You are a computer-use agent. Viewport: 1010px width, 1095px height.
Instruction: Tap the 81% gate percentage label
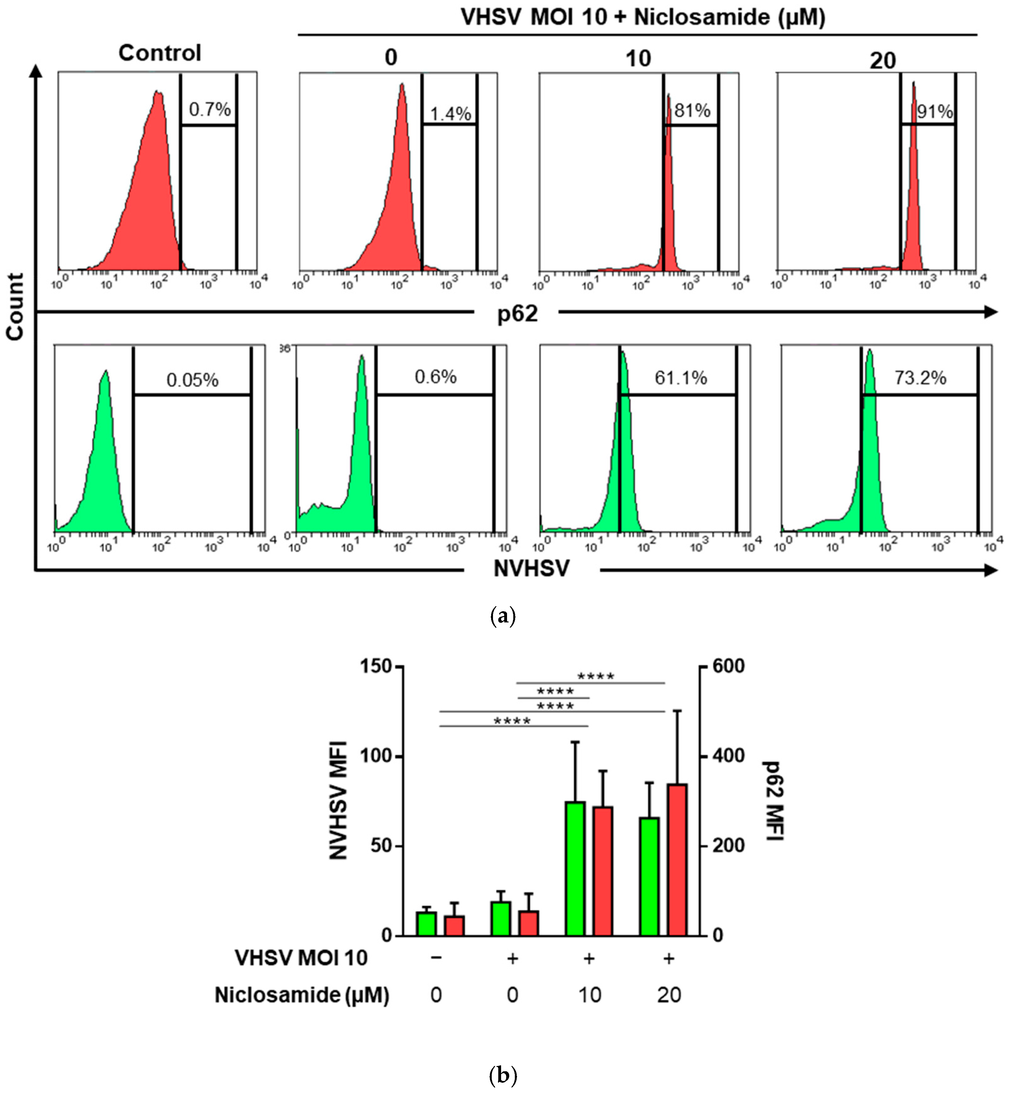click(692, 110)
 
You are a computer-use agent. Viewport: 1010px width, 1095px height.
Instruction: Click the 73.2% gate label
click(920, 378)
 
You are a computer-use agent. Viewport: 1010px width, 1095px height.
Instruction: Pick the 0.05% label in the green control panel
click(192, 380)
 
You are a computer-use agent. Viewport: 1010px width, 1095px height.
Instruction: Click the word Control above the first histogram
click(160, 53)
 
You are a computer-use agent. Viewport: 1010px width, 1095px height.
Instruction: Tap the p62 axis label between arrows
click(517, 314)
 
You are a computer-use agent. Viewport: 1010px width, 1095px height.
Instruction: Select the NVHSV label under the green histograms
click(531, 569)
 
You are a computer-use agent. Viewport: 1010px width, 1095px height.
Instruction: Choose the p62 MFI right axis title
click(773, 800)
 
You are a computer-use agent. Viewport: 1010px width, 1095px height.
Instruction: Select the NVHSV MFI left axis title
click(339, 800)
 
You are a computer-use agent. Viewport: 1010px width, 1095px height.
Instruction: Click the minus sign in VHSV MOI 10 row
click(436, 958)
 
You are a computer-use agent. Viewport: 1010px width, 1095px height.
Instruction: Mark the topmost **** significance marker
click(596, 676)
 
